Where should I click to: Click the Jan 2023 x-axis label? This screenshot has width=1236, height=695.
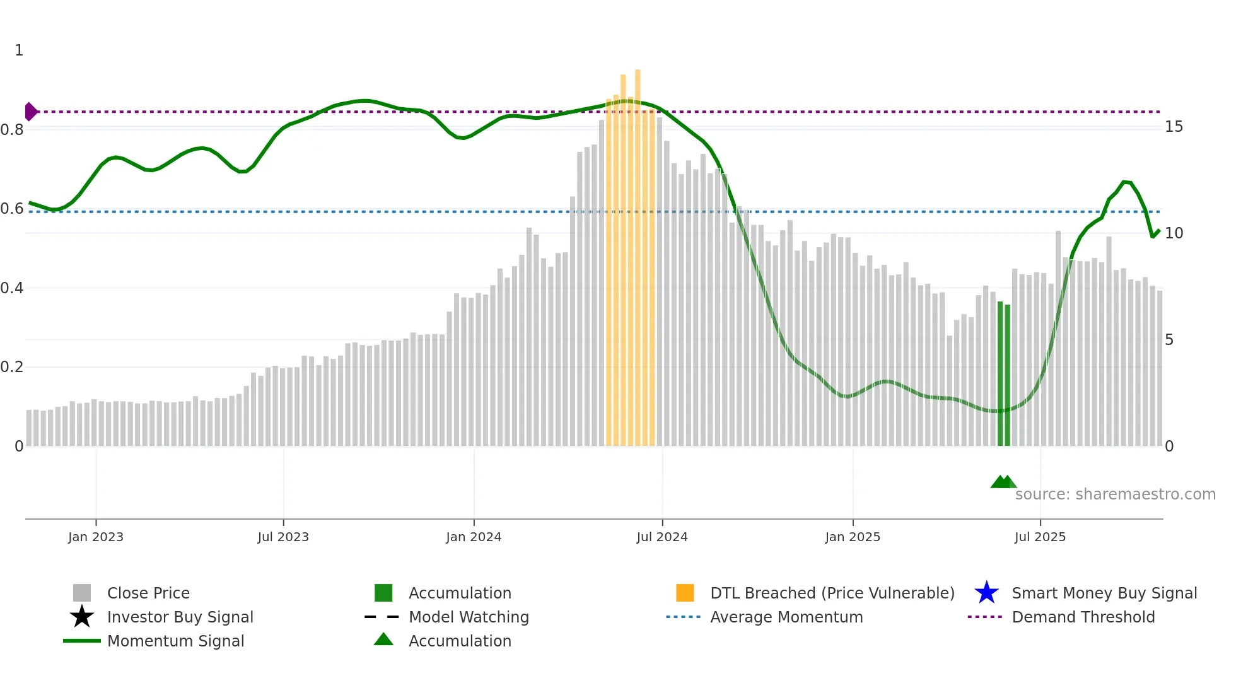point(96,537)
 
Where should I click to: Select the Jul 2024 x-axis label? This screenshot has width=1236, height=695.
point(662,537)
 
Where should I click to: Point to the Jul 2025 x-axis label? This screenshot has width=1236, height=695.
point(1040,537)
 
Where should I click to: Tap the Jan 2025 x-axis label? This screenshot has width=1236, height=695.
point(852,537)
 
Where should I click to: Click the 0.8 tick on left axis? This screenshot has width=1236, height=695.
point(12,130)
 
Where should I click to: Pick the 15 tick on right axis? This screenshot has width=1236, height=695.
point(1174,127)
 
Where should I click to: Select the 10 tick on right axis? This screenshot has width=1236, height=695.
point(1174,233)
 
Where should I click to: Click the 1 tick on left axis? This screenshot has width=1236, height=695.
point(19,50)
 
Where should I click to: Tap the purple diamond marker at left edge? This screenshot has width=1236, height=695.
point(30,112)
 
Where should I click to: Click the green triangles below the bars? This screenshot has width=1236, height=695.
point(1003,482)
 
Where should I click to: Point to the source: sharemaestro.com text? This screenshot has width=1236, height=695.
point(1115,494)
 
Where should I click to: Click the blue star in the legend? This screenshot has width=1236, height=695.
point(986,593)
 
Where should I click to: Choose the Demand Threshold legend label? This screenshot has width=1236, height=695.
point(1083,617)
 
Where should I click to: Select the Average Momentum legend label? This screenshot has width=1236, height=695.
point(786,617)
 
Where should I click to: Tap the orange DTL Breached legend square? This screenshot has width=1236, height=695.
point(685,593)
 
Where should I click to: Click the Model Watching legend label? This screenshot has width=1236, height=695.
point(469,617)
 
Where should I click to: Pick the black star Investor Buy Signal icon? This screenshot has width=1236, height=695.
point(82,617)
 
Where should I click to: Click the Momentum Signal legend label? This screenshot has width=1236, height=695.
point(175,641)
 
